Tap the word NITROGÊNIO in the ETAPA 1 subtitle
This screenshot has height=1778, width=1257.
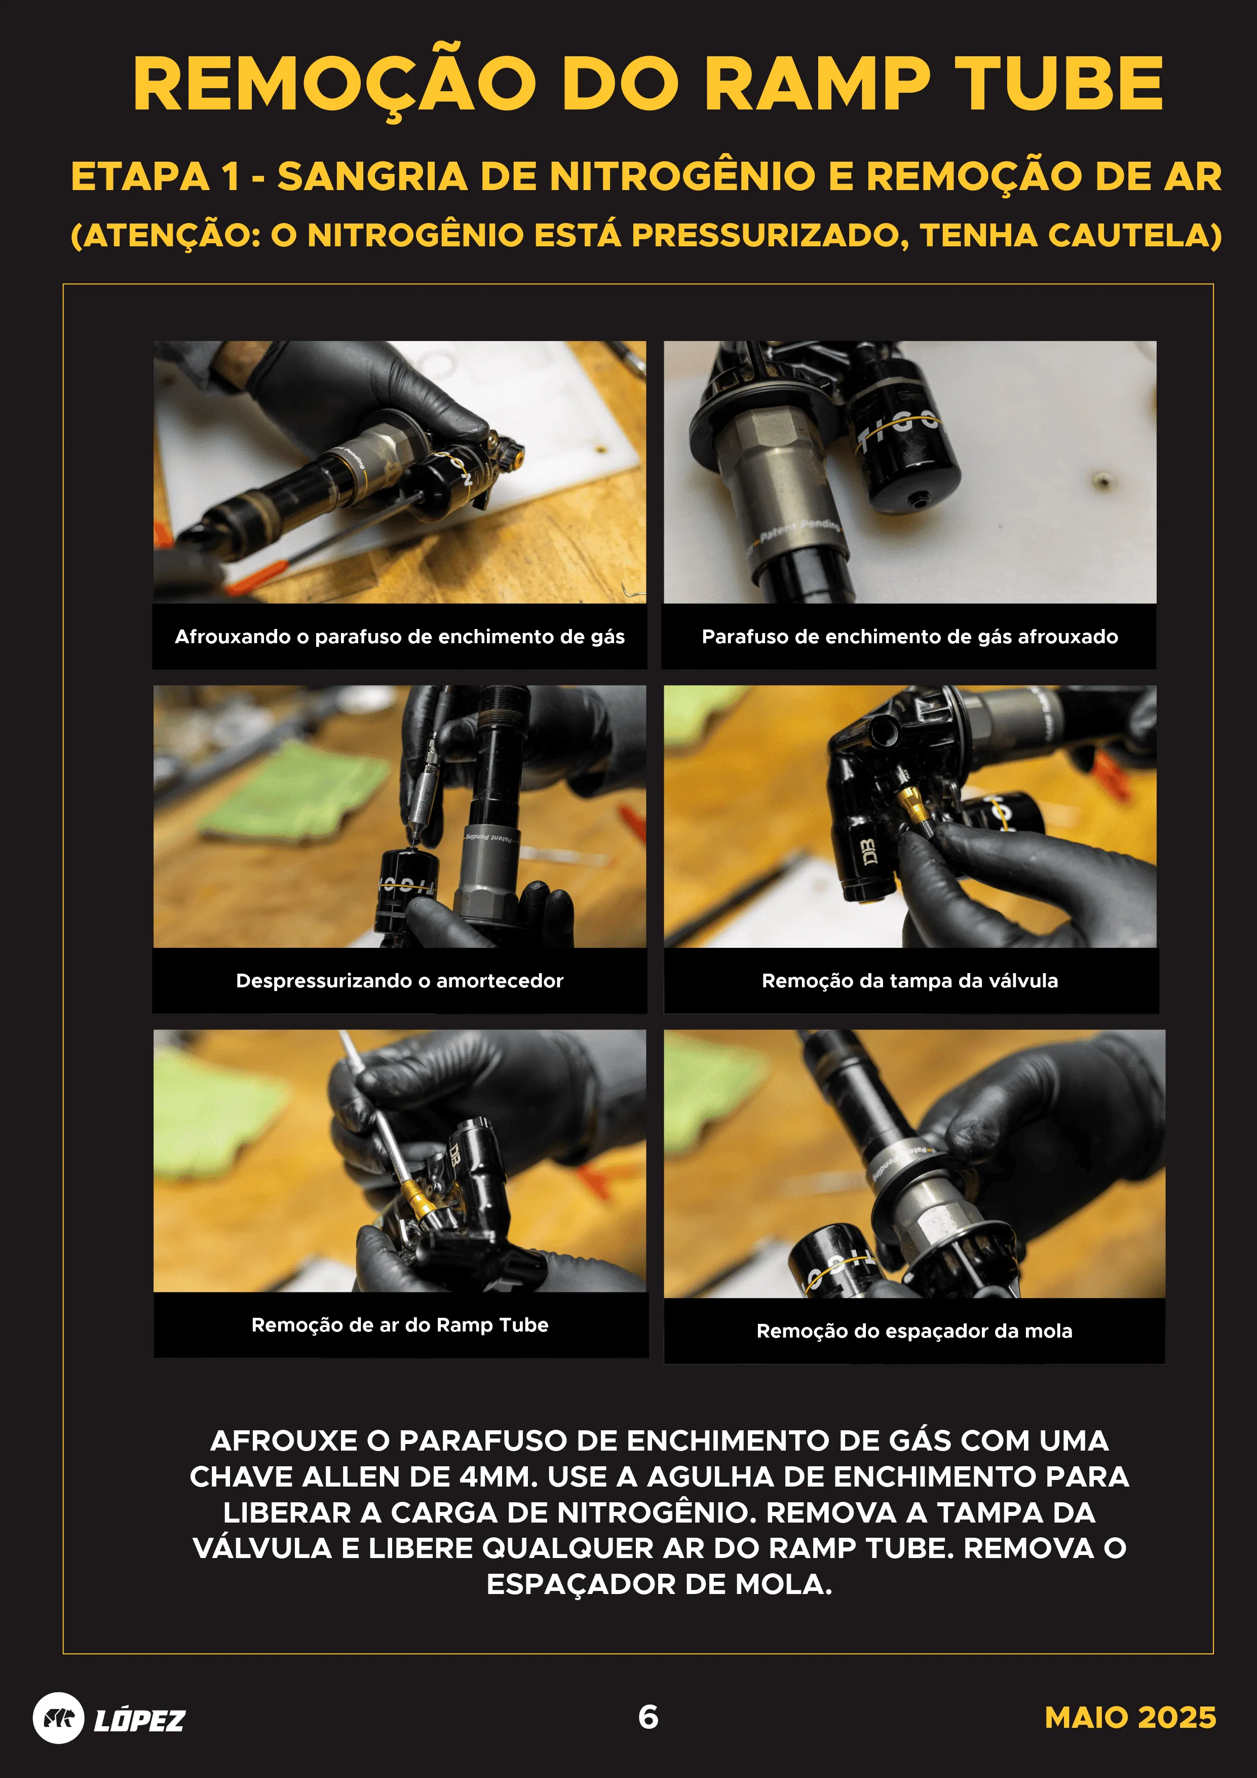tap(681, 176)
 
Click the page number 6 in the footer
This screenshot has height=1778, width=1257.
tap(648, 1717)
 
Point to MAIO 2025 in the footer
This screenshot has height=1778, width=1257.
tap(1129, 1718)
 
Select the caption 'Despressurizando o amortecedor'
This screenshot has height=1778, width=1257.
tap(399, 980)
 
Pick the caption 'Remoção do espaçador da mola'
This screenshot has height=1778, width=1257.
tap(914, 1331)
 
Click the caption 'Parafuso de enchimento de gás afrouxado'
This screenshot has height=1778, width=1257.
tap(909, 637)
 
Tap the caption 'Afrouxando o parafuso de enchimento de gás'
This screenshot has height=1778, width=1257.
tap(399, 637)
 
